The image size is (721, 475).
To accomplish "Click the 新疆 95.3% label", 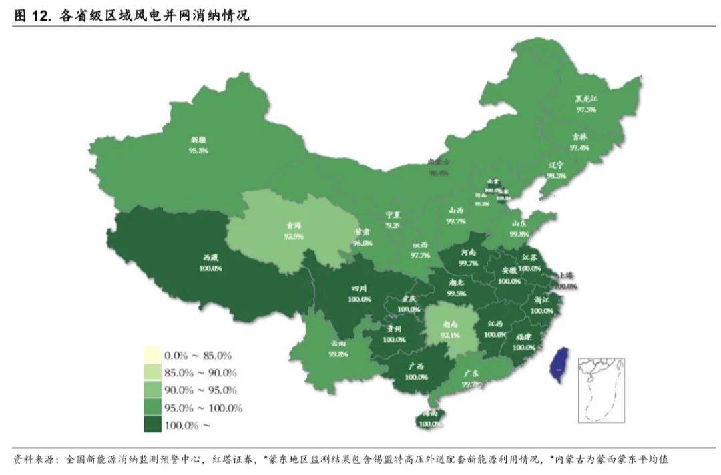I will click(x=198, y=145).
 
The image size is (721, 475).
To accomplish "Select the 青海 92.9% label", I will click(x=293, y=231).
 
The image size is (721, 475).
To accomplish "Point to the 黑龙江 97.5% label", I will click(x=586, y=104).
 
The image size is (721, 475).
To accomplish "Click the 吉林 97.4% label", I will click(x=579, y=142).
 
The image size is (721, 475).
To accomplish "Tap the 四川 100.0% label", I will click(x=359, y=294).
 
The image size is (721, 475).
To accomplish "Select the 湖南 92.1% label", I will click(x=449, y=330).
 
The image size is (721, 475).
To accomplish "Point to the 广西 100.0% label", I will click(x=416, y=372).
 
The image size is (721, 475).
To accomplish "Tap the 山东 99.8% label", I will click(x=519, y=229).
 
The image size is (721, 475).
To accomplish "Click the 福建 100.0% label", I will click(x=523, y=342).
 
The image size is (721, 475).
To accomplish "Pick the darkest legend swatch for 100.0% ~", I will click(x=153, y=425).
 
